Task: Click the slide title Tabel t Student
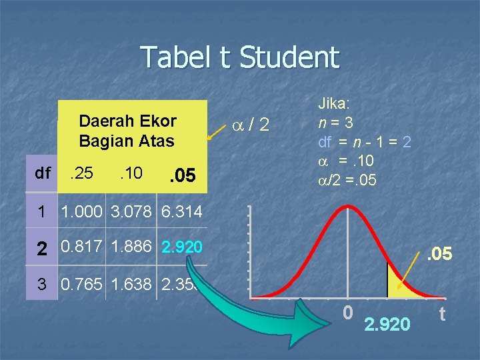(240, 57)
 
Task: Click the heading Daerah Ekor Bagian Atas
(127, 131)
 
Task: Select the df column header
(43, 174)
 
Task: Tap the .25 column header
(83, 174)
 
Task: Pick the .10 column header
(131, 174)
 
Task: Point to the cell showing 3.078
(131, 213)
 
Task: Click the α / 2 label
(250, 123)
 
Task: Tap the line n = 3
(335, 123)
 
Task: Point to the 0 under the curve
(348, 312)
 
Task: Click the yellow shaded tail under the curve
(398, 285)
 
